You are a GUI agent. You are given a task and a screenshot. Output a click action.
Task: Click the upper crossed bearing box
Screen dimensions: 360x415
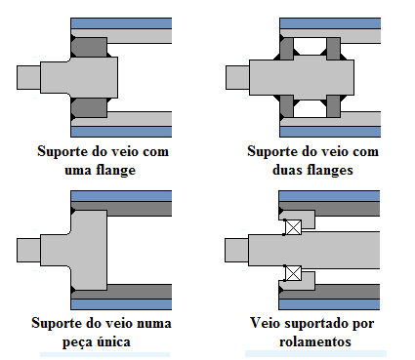(291, 228)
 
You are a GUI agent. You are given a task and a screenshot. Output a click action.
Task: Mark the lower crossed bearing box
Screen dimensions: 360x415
(291, 272)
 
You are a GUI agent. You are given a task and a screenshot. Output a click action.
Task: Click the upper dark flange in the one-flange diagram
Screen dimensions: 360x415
(90, 48)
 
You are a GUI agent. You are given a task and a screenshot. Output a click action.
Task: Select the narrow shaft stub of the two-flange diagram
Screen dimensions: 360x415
(237, 76)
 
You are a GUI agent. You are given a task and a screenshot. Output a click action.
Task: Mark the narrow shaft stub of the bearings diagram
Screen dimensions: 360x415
(236, 250)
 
